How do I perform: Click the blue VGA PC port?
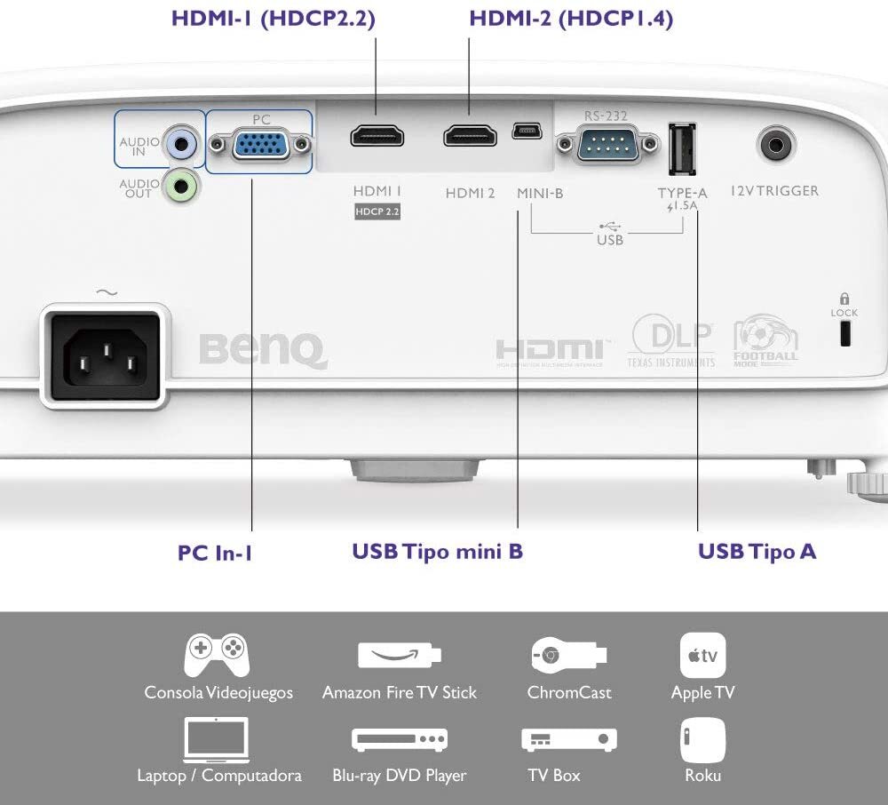(260, 144)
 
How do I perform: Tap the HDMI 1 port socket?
(377, 137)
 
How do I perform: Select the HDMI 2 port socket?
(470, 136)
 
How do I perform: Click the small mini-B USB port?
(527, 132)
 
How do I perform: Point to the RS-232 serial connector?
(607, 144)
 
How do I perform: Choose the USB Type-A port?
(682, 149)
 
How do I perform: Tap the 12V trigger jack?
(775, 145)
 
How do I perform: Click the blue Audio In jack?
(180, 144)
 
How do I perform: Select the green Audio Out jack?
(180, 186)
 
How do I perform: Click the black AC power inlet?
(106, 355)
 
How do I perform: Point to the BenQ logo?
(264, 351)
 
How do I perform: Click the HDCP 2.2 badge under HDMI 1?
(377, 211)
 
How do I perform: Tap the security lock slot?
(845, 333)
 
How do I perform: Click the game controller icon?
(217, 655)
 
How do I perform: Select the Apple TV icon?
(702, 656)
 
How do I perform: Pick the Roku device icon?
(702, 740)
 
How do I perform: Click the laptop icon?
(217, 740)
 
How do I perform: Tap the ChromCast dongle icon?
(569, 656)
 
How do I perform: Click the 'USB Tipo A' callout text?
(757, 551)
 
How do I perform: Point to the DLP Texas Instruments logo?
(671, 341)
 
